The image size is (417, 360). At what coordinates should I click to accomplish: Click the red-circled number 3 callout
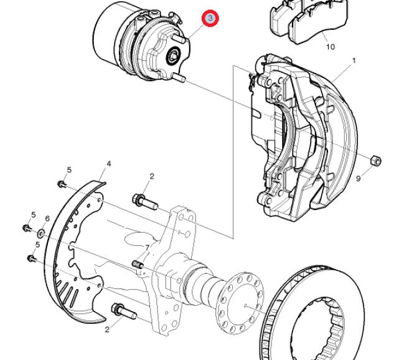[210, 18]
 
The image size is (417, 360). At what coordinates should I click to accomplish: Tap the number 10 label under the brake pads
[330, 47]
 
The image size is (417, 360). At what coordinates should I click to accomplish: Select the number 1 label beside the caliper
[354, 61]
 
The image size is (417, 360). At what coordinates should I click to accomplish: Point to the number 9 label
[358, 179]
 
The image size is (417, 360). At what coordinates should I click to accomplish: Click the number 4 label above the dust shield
[108, 164]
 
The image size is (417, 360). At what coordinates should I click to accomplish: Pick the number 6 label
[47, 219]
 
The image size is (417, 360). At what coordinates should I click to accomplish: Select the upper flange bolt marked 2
[145, 202]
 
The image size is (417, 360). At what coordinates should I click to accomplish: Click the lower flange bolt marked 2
[124, 311]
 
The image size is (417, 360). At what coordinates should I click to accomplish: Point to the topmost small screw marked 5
[62, 184]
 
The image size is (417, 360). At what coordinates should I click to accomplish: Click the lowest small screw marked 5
[32, 258]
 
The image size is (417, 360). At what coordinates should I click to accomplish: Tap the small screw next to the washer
[27, 228]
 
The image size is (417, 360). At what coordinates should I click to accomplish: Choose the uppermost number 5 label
[69, 170]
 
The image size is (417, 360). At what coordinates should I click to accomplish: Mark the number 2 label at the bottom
[107, 329]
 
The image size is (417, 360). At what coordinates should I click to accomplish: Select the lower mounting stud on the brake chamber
[179, 78]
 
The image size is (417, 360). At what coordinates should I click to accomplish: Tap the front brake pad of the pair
[318, 23]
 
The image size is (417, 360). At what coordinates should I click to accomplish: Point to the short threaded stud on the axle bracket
[138, 264]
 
